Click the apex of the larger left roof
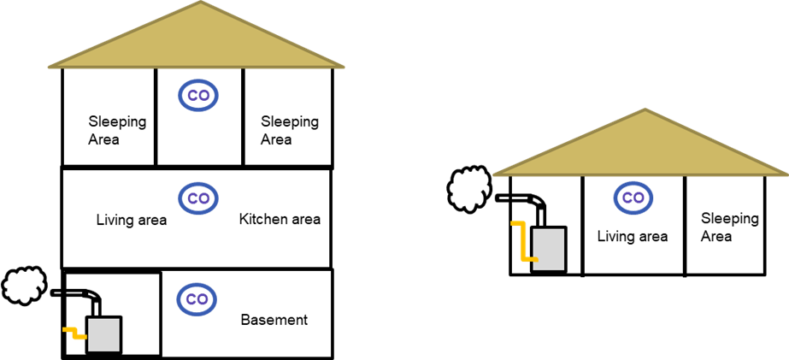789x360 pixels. click(200, 3)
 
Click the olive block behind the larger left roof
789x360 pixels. click(513, 34)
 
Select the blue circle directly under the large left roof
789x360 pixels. click(198, 96)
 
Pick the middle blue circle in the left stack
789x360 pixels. click(198, 198)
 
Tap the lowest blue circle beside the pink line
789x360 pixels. click(197, 298)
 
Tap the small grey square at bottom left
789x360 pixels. click(103, 334)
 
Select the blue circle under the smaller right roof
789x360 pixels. click(633, 198)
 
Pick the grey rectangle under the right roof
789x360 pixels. click(549, 249)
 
